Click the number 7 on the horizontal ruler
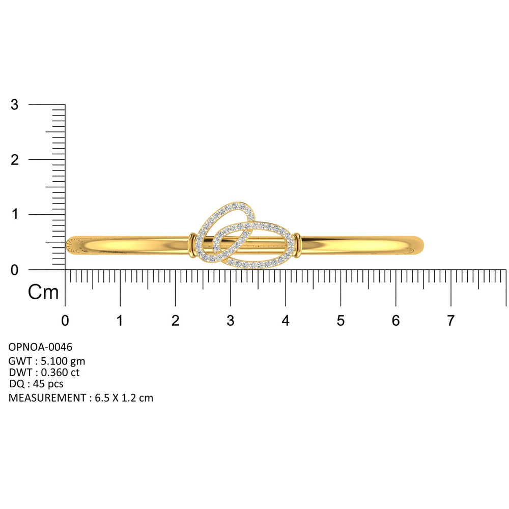450,321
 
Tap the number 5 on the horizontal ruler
341,321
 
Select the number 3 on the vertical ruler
15,104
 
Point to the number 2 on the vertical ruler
15,160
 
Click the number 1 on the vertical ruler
15,214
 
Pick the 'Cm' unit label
43,292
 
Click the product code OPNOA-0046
40,347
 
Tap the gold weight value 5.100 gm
63,361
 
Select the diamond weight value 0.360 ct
60,373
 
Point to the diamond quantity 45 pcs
48,384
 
